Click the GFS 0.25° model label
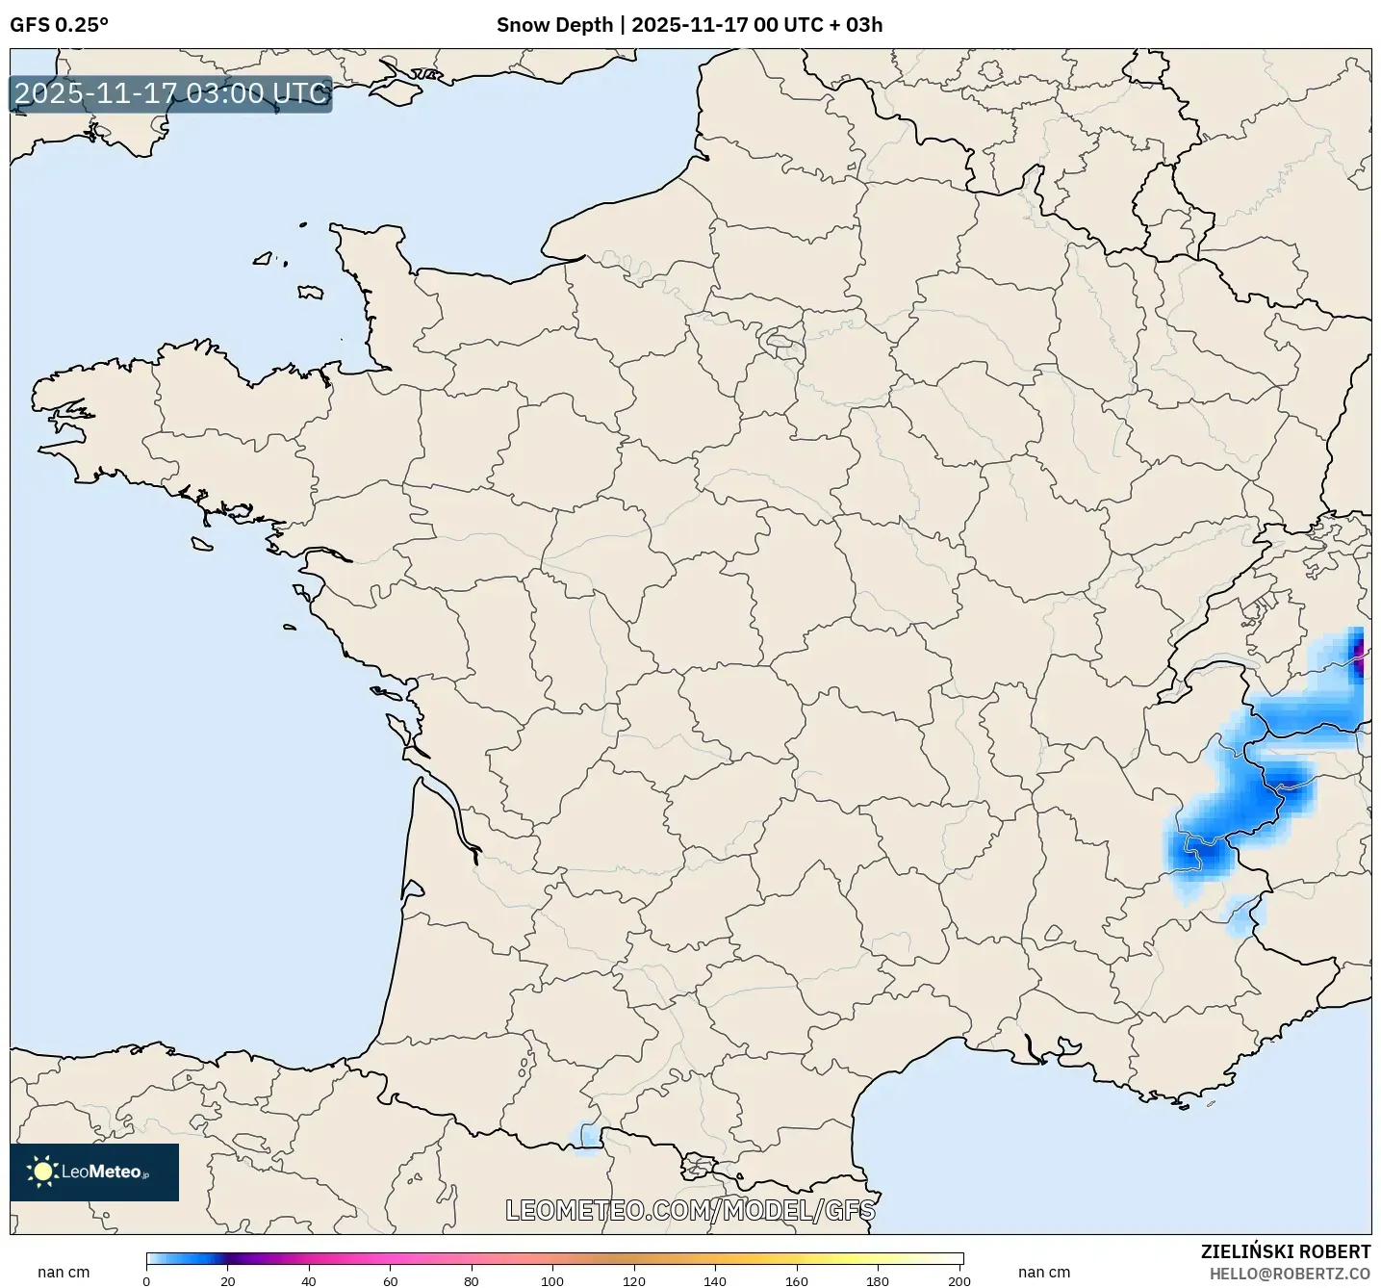[59, 25]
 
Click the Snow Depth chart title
[689, 25]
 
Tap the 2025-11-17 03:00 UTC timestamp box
[171, 94]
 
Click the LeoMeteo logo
[94, 1172]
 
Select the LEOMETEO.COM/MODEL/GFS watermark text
[690, 1210]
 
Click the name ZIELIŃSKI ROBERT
[1285, 1251]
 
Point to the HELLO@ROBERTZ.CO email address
[1290, 1274]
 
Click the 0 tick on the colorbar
[146, 1281]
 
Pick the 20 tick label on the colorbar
[228, 1281]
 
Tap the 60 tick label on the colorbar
[391, 1281]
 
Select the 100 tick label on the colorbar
[552, 1281]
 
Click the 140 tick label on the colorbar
[715, 1281]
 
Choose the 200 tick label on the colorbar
[959, 1281]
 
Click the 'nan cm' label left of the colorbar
[64, 1273]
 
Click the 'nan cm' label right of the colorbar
[1044, 1273]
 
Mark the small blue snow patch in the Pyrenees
[585, 1135]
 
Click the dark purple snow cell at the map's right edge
[1359, 657]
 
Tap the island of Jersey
[310, 292]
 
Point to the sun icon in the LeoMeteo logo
[42, 1172]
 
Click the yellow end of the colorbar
[948, 1258]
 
